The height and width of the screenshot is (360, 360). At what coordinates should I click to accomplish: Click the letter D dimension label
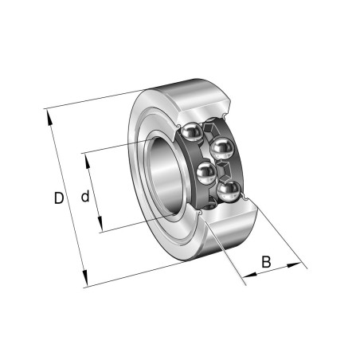coord(59,198)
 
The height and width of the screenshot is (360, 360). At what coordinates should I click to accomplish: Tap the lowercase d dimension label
coord(85,197)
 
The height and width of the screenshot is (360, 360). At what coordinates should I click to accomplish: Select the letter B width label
coord(266,261)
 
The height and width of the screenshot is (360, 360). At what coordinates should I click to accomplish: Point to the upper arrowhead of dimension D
coord(49,118)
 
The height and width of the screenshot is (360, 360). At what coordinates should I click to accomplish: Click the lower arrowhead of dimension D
coord(84,277)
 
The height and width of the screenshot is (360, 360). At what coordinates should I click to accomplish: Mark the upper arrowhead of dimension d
coord(88,162)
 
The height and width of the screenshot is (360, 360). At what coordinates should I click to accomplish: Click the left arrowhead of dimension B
coord(250,275)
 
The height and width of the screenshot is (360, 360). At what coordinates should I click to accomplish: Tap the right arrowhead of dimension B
coord(294,265)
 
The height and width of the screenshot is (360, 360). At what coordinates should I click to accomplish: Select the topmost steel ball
coord(191,132)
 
